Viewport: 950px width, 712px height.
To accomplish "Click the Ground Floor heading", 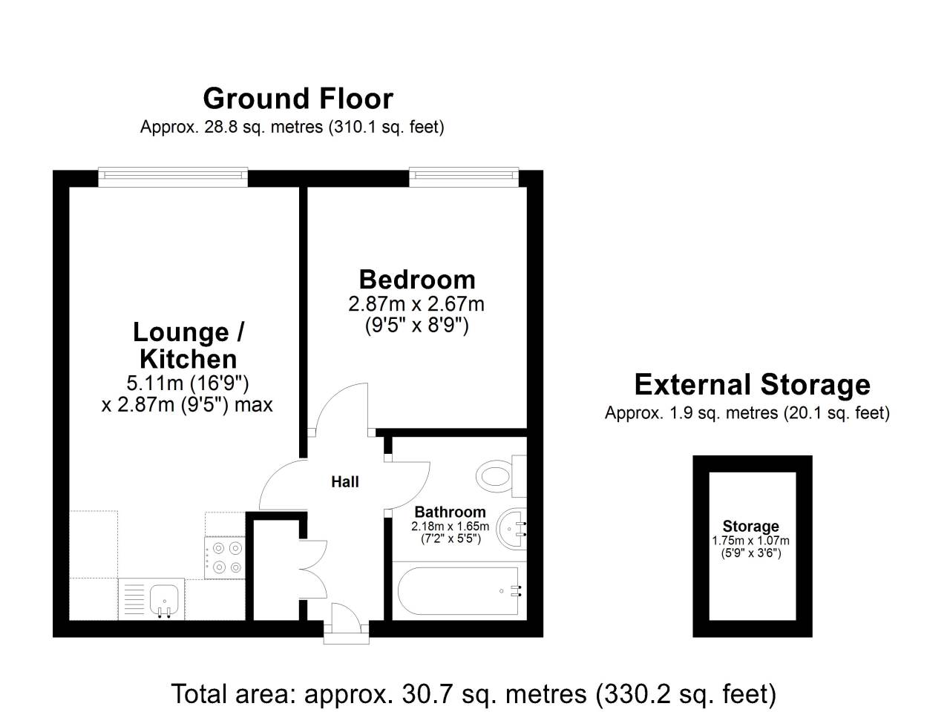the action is click(298, 99).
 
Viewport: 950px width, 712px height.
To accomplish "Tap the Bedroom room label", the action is click(417, 280).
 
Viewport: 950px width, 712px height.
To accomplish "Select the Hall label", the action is click(345, 481).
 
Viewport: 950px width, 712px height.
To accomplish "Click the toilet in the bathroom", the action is click(501, 476).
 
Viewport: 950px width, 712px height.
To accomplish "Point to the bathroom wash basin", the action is click(511, 528).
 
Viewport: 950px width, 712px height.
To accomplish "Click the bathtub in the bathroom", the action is click(459, 591).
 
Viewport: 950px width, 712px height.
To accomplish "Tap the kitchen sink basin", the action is click(165, 600).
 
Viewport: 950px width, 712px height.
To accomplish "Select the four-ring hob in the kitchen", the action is click(225, 558).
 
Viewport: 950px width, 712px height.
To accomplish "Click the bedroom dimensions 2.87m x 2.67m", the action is click(416, 304).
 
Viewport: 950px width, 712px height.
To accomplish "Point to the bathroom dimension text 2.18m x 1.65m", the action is click(450, 527).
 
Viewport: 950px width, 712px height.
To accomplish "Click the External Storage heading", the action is click(753, 384).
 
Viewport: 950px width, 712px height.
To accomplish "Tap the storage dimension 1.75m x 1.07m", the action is click(751, 541).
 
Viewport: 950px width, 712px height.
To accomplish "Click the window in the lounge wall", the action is click(173, 177).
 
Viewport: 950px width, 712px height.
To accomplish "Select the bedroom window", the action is click(464, 177).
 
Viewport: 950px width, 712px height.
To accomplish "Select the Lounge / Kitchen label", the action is click(189, 346).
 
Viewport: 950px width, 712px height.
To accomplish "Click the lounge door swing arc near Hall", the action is click(274, 473).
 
